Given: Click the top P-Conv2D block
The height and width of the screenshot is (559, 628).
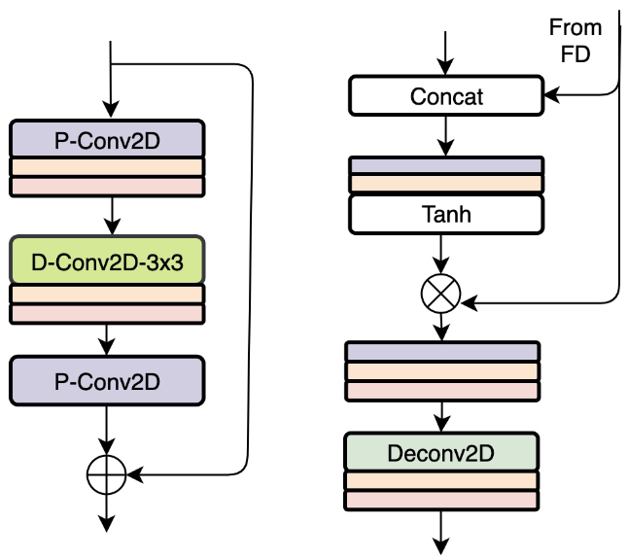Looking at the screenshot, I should tap(107, 139).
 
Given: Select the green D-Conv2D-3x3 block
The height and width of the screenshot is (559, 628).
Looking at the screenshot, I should tap(107, 260).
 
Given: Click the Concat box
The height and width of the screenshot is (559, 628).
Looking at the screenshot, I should tap(446, 96).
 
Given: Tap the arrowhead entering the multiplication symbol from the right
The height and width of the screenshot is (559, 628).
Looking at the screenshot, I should tap(469, 304).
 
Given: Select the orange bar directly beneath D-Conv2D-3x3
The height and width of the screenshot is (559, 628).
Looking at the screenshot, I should tap(107, 295).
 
